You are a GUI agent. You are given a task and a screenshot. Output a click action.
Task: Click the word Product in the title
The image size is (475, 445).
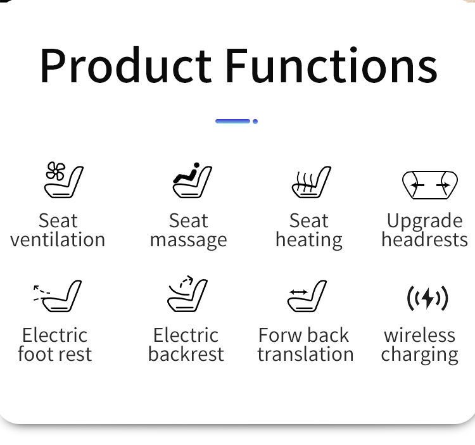point(126,65)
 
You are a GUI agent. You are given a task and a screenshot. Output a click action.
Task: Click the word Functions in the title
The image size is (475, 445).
point(332,65)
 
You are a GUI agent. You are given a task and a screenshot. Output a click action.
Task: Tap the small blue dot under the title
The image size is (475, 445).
point(255,122)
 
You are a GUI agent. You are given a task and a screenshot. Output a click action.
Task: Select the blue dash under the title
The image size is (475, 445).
point(232,122)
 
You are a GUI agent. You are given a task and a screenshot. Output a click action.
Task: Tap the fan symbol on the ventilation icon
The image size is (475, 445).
point(56,172)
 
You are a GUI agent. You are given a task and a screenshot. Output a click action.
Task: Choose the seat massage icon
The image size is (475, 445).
point(192,180)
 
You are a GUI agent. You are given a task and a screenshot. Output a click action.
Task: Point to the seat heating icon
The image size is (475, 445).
point(312,182)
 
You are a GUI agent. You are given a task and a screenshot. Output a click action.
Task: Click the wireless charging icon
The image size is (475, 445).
point(427,299)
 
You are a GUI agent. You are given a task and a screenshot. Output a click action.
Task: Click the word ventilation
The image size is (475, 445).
point(58,240)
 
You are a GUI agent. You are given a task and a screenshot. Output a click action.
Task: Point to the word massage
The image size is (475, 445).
point(189,241)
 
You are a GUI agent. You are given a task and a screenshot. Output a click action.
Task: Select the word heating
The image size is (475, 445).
point(309,241)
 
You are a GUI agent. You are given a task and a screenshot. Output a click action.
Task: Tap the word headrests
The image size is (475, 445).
point(425,240)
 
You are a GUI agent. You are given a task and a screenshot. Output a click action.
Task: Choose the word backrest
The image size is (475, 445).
point(186,354)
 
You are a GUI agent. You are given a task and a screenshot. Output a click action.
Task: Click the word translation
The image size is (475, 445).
point(306,354)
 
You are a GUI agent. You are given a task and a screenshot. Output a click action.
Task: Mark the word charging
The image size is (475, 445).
point(419,355)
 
